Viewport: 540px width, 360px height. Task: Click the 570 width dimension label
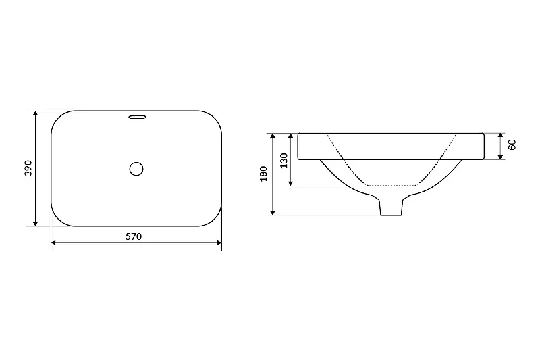pyautogui.click(x=133, y=236)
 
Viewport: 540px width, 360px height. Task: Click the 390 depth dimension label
pyautogui.click(x=28, y=168)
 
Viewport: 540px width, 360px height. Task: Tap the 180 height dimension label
pyautogui.click(x=264, y=174)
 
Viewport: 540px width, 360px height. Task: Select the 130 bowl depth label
pyautogui.click(x=283, y=161)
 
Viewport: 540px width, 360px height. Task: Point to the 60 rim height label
pyautogui.click(x=512, y=145)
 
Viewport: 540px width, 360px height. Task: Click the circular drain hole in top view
pyautogui.click(x=136, y=169)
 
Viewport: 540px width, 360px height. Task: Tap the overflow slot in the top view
pyautogui.click(x=138, y=117)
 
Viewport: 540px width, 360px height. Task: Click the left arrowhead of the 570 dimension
pyautogui.click(x=53, y=243)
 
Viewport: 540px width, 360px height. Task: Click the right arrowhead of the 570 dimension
pyautogui.click(x=219, y=243)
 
